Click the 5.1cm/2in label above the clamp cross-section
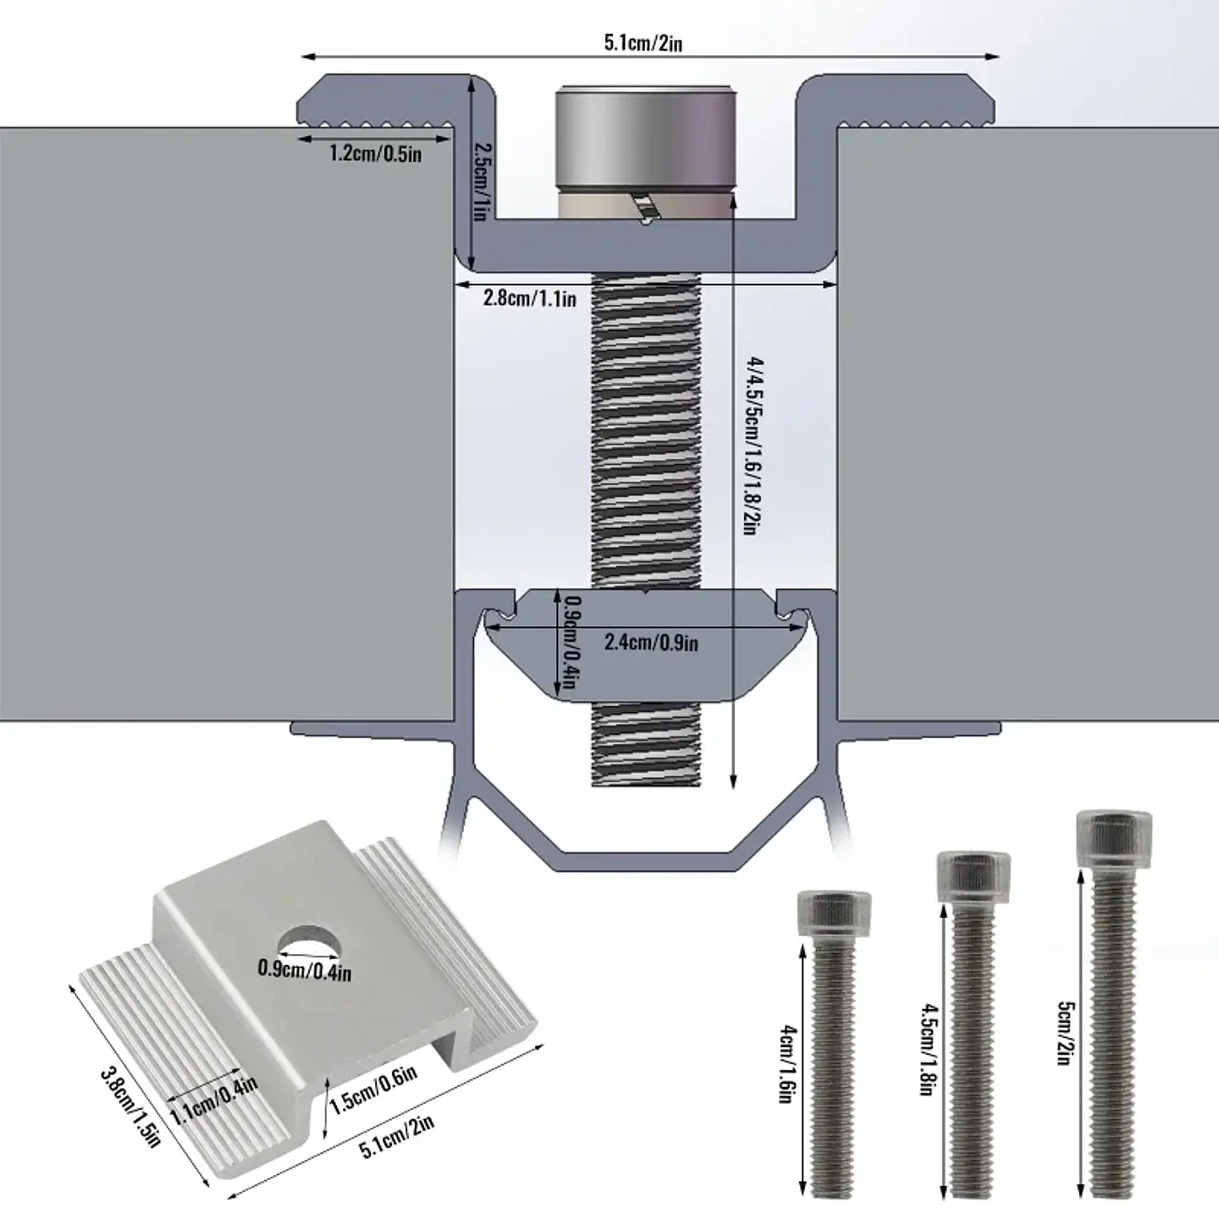643,43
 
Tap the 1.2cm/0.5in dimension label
375,153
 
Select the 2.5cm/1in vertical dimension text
480,181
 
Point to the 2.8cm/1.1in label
529,297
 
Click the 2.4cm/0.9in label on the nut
651,642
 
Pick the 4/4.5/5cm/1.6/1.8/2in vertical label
753,446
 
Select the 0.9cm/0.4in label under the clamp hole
304,968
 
